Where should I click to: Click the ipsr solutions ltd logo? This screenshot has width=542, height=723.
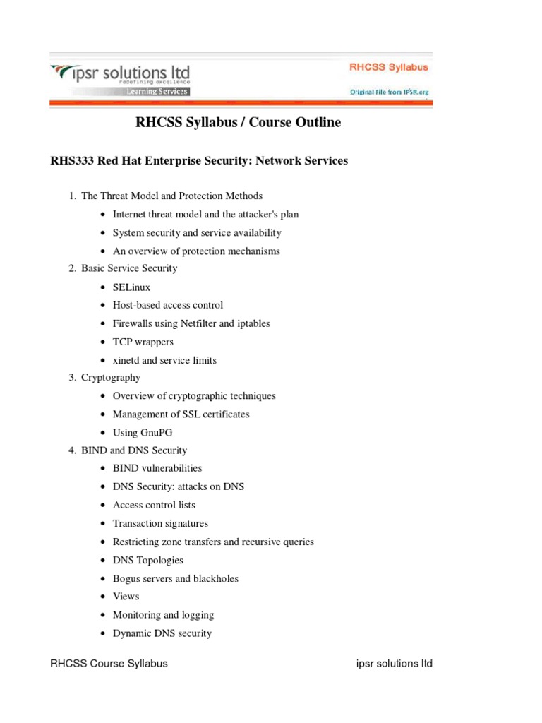tap(120, 75)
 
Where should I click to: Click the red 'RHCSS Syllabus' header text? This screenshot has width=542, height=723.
tap(388, 68)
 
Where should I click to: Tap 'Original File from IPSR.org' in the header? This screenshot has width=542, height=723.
tap(389, 92)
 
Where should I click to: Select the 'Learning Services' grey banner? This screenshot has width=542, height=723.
tap(157, 92)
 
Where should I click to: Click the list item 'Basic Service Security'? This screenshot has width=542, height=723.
tap(129, 268)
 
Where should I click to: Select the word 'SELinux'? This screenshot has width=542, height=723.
tap(131, 287)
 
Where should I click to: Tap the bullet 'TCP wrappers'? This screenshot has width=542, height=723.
tap(143, 342)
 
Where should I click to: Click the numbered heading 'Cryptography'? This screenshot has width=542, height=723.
tap(111, 378)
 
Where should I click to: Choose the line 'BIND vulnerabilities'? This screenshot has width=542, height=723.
tap(157, 468)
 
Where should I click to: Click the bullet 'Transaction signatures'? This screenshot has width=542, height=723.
tap(160, 523)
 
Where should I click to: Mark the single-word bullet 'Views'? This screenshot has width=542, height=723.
tap(126, 597)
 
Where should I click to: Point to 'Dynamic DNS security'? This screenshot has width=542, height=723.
tap(162, 633)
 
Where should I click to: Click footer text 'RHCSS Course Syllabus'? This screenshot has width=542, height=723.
tap(109, 664)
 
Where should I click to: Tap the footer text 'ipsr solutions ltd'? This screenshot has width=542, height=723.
tap(393, 664)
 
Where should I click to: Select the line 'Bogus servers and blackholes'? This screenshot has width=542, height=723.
tap(175, 578)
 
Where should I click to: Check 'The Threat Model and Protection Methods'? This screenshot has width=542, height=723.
tap(171, 196)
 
